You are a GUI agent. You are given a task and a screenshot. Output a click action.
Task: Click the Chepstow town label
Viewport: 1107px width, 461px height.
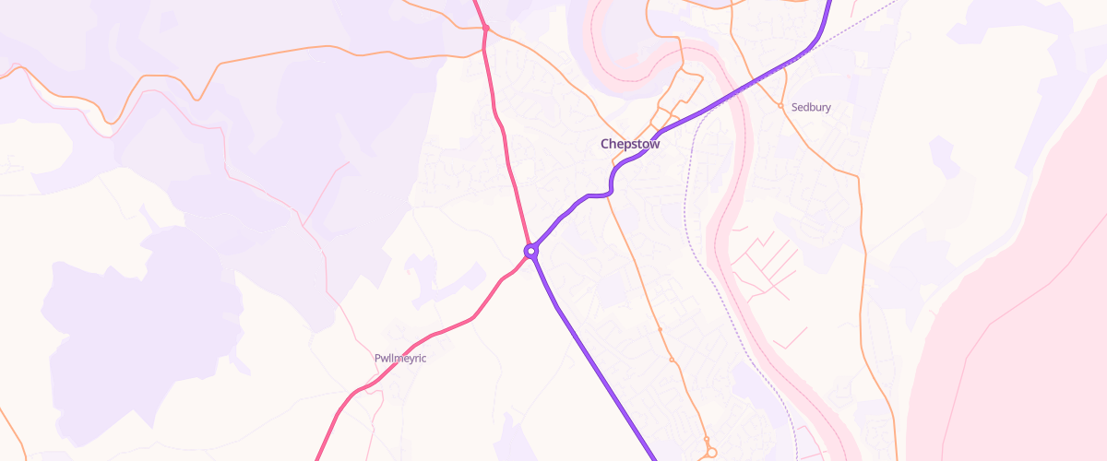coord(630,144)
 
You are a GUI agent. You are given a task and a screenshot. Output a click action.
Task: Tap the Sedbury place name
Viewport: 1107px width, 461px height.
coord(811,107)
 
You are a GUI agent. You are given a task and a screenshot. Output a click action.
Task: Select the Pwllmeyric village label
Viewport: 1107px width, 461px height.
coord(400,358)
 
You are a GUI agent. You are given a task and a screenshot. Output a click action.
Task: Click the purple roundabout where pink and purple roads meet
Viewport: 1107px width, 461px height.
coord(531,250)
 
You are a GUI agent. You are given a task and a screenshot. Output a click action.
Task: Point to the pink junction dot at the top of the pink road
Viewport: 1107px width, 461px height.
coord(485,29)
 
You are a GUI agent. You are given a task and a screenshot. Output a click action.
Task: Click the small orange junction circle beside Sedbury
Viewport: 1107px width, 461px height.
coord(780,106)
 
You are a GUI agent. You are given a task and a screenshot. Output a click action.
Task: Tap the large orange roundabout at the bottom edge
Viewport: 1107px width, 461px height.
coord(711,453)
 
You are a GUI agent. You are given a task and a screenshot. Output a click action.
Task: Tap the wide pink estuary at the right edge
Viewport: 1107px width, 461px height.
coord(1015,369)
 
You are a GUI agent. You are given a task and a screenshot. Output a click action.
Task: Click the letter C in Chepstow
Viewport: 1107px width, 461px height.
coord(605,144)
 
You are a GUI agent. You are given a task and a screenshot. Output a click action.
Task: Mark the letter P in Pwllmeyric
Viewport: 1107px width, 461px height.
coord(378,358)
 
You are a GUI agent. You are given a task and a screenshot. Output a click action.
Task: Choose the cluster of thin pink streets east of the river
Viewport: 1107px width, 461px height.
coord(766,267)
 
